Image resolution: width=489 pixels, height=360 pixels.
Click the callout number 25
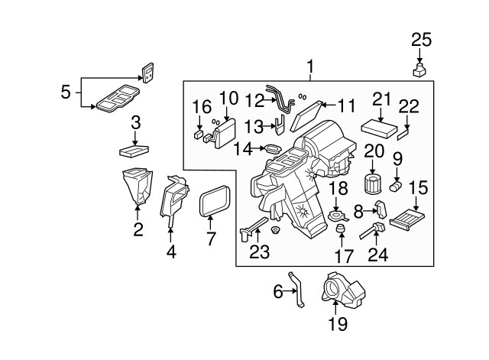pyautogui.click(x=421, y=40)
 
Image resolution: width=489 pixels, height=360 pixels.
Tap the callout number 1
pyautogui.click(x=311, y=67)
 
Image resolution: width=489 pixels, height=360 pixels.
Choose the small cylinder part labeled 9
pyautogui.click(x=396, y=185)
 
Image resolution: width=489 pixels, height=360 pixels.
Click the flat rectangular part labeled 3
pyautogui.click(x=136, y=149)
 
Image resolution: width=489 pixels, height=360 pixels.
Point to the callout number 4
pyautogui.click(x=171, y=250)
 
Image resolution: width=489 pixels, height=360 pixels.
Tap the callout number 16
pyautogui.click(x=201, y=105)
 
